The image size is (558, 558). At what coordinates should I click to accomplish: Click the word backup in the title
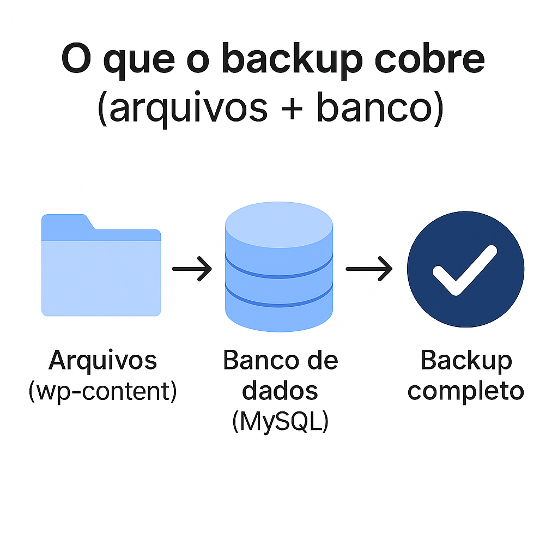point(290,61)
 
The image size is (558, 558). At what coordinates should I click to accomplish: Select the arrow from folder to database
point(192,269)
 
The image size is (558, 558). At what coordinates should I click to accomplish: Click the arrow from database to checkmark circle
point(369,269)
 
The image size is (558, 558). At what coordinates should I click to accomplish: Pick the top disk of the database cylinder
point(278,227)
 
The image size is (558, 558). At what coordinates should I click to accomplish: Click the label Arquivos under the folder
point(102,360)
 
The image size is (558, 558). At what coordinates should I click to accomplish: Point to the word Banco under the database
point(257,360)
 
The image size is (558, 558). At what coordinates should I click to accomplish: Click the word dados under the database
point(280,391)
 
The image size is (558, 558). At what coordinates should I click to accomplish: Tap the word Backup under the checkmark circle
point(466,360)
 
